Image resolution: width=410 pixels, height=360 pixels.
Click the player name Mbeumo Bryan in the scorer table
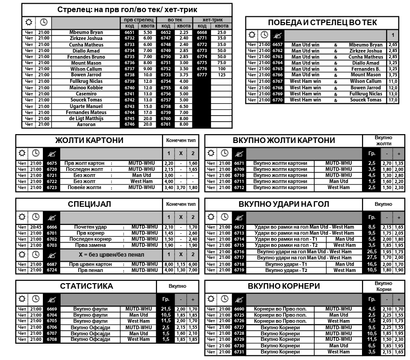pyautogui.click(x=86, y=33)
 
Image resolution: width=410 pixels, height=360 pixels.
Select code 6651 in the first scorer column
pyautogui.click(x=130, y=33)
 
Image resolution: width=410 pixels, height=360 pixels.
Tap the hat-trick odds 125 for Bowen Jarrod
pyautogui.click(x=221, y=75)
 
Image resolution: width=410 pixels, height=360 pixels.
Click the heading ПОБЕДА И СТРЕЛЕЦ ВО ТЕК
pyautogui.click(x=322, y=22)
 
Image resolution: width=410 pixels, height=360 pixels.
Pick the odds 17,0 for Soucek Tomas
pyautogui.click(x=393, y=100)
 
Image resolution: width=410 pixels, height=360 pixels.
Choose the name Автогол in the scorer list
pyautogui.click(x=86, y=124)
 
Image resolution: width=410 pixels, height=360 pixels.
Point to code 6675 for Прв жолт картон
pyautogui.click(x=52, y=163)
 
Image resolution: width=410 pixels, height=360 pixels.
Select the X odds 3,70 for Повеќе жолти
pyautogui.click(x=181, y=188)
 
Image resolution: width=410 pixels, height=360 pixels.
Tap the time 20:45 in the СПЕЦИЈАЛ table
pyautogui.click(x=35, y=227)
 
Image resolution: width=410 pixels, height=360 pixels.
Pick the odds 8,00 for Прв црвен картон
pyautogui.click(x=169, y=264)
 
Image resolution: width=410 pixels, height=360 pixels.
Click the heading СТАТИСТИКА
pyautogui.click(x=86, y=286)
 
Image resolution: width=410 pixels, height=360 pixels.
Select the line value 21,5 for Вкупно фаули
pyautogui.click(x=165, y=309)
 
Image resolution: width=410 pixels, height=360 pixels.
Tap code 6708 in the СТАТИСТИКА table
pyautogui.click(x=52, y=340)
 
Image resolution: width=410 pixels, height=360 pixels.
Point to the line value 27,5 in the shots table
pyautogui.click(x=372, y=258)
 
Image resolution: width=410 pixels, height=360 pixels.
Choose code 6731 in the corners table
pyautogui.click(x=239, y=352)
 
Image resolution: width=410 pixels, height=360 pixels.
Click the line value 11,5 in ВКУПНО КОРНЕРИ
pyautogui.click(x=372, y=340)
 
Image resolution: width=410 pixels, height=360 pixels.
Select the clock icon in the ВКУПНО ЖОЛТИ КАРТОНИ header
pyautogui.click(x=225, y=153)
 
